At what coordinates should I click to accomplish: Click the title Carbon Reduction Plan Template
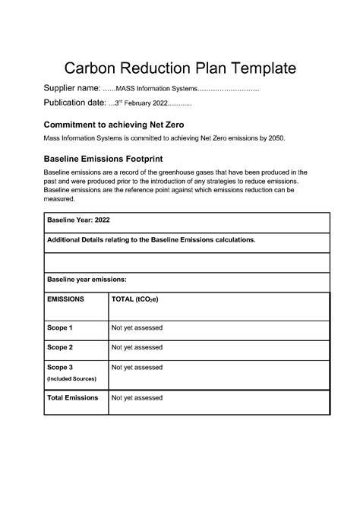179,68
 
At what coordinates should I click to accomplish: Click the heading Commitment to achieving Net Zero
113,124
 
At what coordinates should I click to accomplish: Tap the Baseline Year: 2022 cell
73,219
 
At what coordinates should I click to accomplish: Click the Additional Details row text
151,239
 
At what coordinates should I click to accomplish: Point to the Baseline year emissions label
87,280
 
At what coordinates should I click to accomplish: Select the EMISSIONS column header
65,300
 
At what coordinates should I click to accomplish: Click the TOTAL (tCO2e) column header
135,300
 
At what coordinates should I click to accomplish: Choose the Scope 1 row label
60,327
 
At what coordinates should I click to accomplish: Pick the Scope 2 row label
60,347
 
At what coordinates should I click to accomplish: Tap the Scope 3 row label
60,367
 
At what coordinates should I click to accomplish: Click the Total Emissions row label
73,397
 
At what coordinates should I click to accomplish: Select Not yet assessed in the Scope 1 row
137,327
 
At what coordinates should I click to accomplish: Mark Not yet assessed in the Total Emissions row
137,397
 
